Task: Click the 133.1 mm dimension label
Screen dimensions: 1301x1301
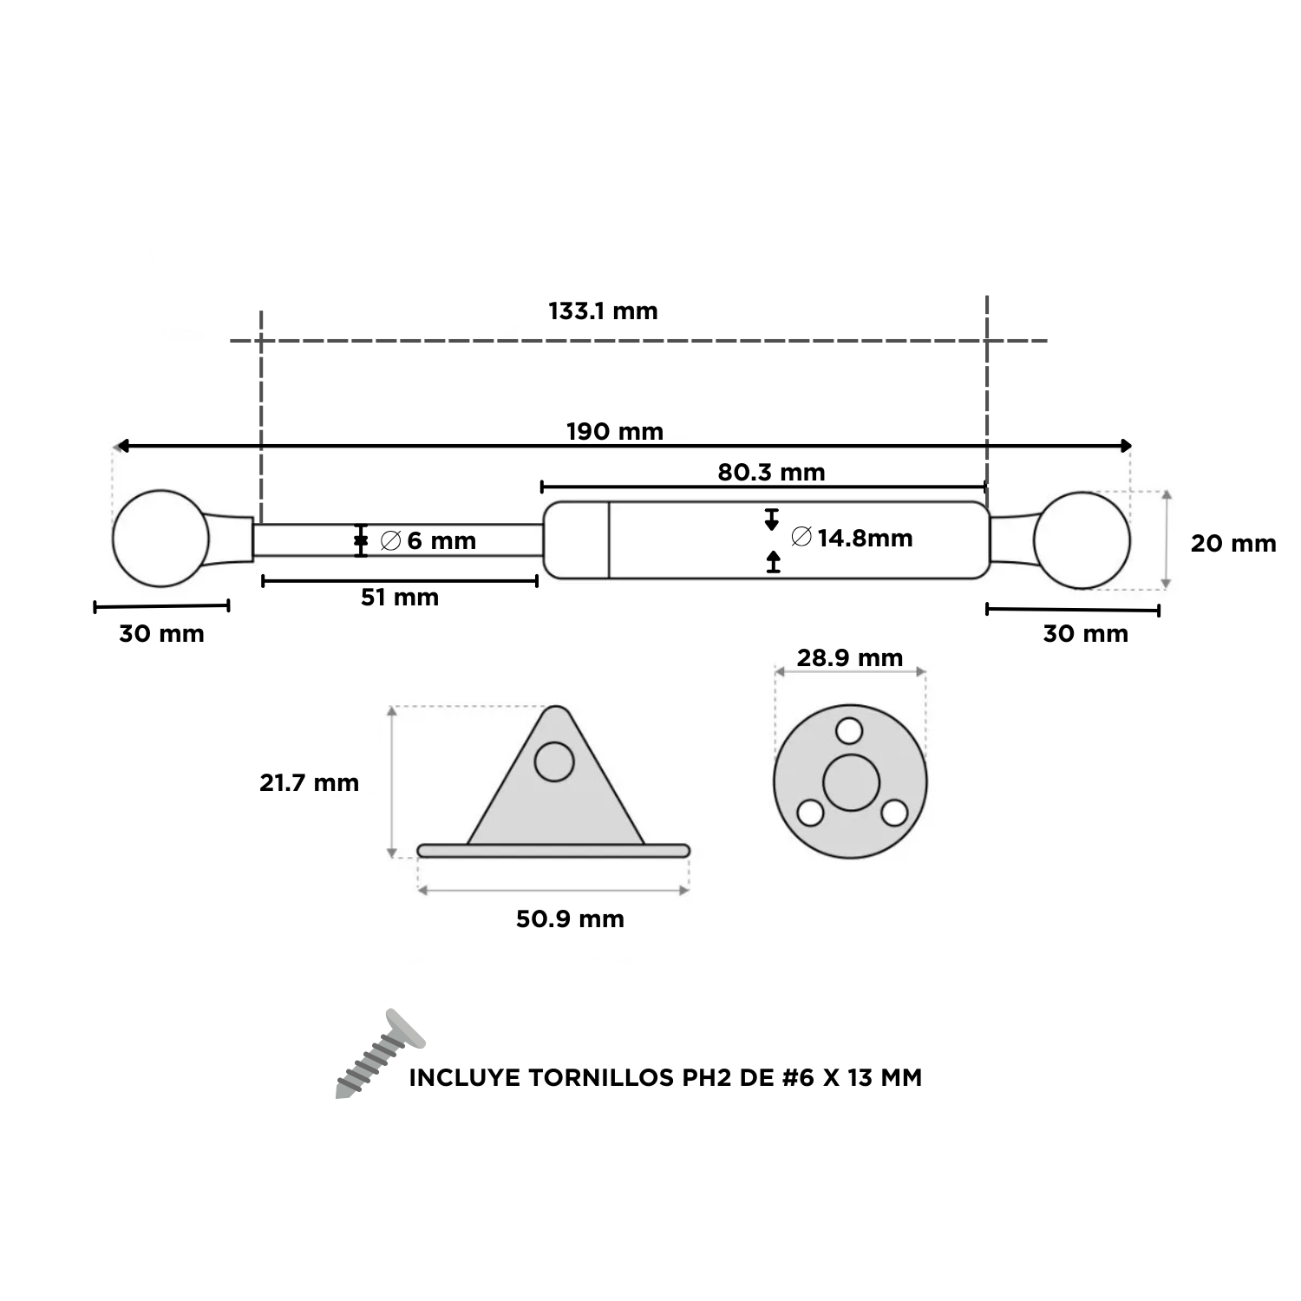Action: pos(603,311)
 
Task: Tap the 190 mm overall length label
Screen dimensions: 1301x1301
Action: pos(615,431)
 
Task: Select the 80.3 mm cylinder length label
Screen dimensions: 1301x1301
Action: pos(771,473)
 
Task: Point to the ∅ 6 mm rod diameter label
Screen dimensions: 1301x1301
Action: pos(428,541)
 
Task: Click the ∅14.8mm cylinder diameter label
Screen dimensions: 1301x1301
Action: pos(853,538)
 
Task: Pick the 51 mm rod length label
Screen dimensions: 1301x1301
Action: pos(400,598)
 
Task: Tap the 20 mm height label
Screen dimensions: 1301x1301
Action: pos(1233,544)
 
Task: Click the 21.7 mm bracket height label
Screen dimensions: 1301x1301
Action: pos(309,783)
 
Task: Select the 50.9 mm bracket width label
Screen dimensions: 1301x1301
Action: pos(570,919)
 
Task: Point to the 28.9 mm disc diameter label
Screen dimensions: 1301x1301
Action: pos(850,658)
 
